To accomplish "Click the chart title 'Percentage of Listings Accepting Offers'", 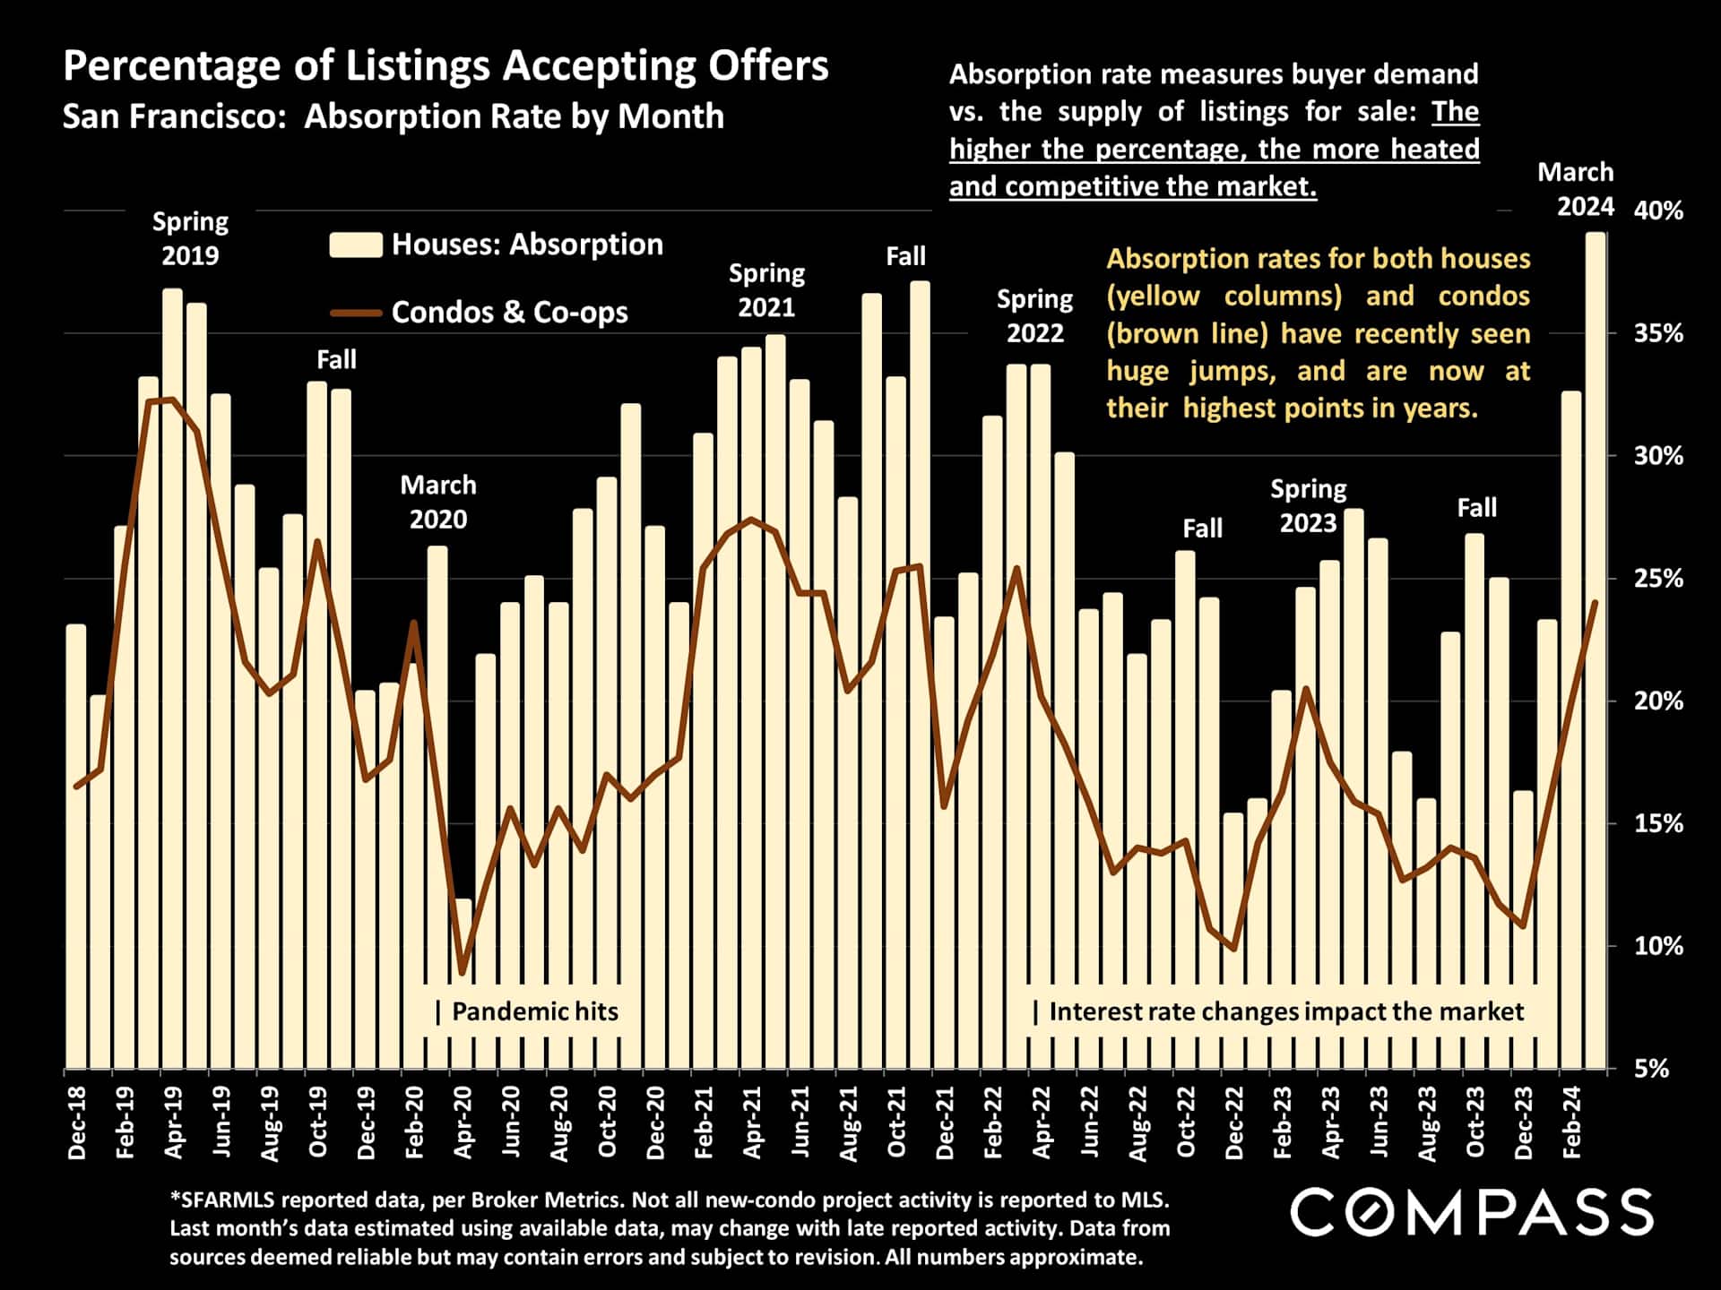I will [445, 66].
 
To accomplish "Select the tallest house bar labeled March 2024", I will [1596, 649].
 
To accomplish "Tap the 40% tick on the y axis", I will [1658, 211].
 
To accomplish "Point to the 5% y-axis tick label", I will [1652, 1069].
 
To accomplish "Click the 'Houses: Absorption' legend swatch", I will [356, 245].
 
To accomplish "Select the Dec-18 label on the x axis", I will [77, 1122].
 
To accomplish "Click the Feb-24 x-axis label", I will [1571, 1122].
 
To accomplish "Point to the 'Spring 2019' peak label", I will [190, 238].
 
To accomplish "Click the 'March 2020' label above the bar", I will [438, 502].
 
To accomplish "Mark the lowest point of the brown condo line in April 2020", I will [463, 972].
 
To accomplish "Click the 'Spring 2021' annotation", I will [766, 290].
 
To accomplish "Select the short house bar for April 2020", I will [463, 985].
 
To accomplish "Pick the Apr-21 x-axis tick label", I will [752, 1122].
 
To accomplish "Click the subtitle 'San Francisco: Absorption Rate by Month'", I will [393, 116].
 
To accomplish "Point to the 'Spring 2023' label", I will [1308, 506].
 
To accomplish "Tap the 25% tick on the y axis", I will [1658, 579].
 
